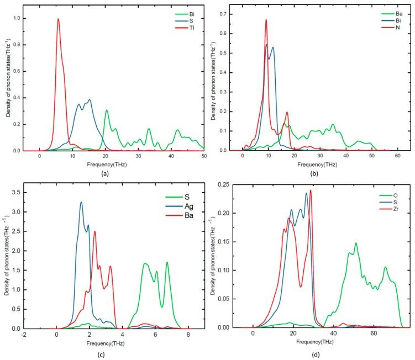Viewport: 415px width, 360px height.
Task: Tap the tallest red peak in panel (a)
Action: pos(58,19)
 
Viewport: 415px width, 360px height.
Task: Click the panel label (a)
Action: pos(113,173)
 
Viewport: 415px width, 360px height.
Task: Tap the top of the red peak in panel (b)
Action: pos(266,20)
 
